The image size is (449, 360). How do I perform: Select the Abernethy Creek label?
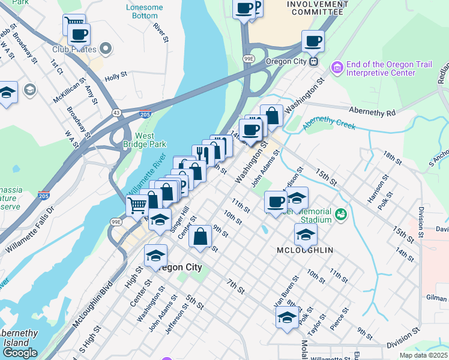pyautogui.click(x=329, y=123)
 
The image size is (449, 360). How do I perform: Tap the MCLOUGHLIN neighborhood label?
pyautogui.click(x=305, y=250)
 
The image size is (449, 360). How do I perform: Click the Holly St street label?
pyautogui.click(x=115, y=76)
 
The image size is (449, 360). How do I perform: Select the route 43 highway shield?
pyautogui.click(x=116, y=112)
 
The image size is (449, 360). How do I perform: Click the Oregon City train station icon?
pyautogui.click(x=313, y=61)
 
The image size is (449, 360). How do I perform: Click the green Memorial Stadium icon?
pyautogui.click(x=340, y=214)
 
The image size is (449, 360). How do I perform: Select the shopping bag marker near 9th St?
pyautogui.click(x=200, y=236)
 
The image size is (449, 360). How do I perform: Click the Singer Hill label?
pyautogui.click(x=179, y=220)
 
